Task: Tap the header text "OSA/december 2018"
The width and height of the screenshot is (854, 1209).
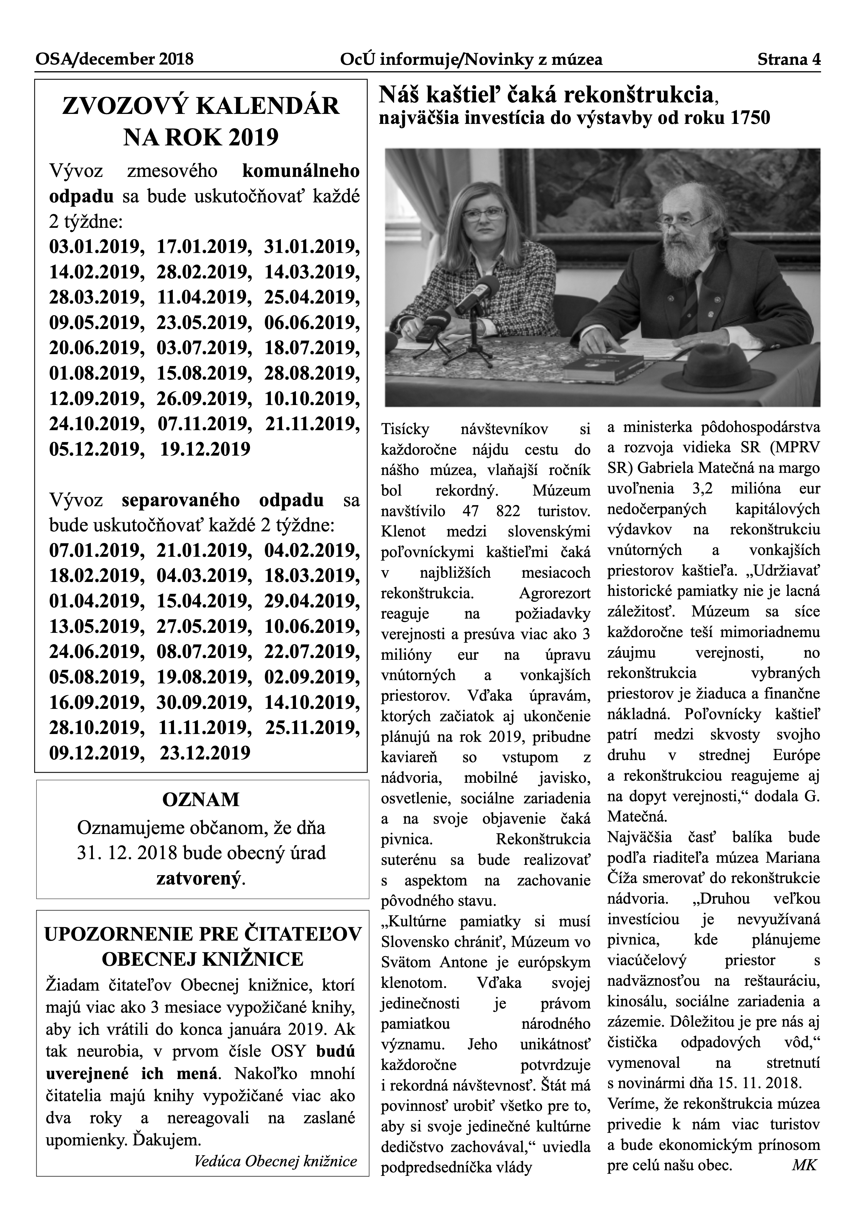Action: click(x=114, y=59)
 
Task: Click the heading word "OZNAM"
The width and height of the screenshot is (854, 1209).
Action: click(x=201, y=800)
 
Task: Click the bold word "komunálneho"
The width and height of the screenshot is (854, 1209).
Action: click(x=301, y=171)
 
